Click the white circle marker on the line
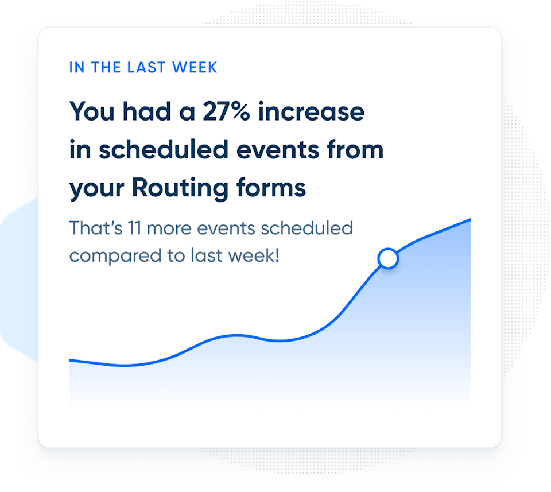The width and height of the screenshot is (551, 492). [x=389, y=259]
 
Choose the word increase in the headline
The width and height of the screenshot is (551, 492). [x=311, y=111]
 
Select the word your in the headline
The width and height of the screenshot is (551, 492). [x=96, y=189]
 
